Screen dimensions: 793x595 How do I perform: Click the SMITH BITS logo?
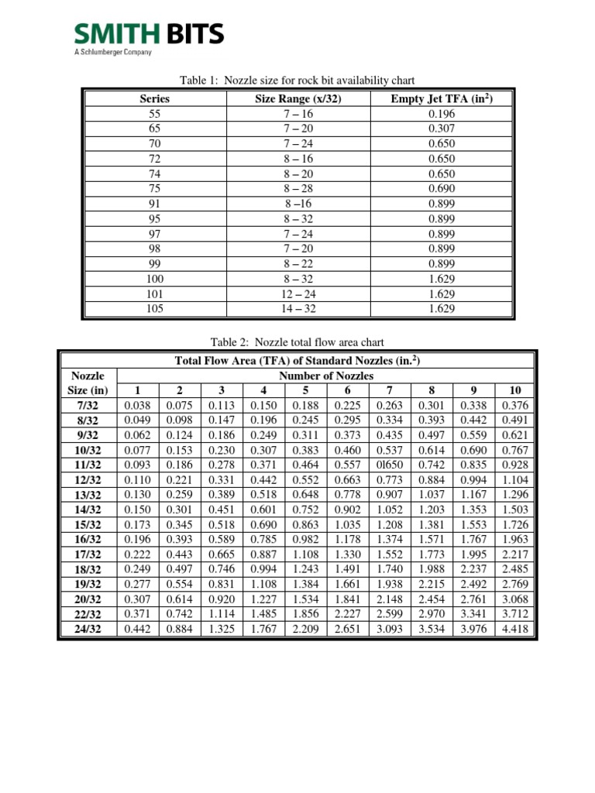click(x=149, y=34)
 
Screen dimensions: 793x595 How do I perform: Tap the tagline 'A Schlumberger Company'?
click(x=112, y=53)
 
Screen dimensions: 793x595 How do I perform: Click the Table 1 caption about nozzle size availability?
click(x=297, y=80)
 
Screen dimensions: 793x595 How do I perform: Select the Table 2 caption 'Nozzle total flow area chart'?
click(x=297, y=342)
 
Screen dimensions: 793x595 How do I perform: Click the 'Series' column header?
click(x=155, y=99)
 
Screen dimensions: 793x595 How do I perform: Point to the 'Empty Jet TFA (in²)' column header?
click(x=442, y=99)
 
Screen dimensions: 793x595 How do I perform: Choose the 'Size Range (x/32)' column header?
click(x=298, y=99)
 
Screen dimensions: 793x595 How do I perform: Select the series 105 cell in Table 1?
click(x=155, y=308)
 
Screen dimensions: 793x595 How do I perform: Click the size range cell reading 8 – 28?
click(x=298, y=188)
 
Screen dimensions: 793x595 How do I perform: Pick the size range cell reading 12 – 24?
click(x=298, y=294)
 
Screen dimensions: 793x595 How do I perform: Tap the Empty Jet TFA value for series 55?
click(x=442, y=114)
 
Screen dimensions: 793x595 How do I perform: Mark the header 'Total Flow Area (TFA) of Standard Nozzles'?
click(x=298, y=361)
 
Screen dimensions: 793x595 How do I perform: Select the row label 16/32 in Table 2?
click(x=88, y=539)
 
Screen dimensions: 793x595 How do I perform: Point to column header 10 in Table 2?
click(x=514, y=390)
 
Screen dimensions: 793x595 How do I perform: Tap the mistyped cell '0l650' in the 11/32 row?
click(x=389, y=465)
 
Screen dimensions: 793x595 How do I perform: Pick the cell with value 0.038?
click(x=137, y=405)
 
